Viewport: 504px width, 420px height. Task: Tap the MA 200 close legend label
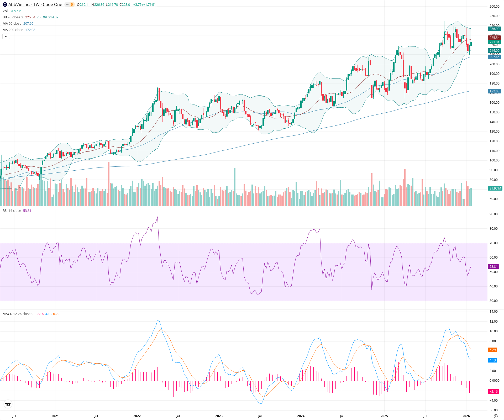point(13,30)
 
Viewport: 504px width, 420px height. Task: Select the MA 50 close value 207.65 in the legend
point(28,23)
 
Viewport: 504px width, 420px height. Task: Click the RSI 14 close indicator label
point(12,211)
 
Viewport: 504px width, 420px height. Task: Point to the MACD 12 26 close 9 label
point(18,314)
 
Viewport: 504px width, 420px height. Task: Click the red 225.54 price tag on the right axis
point(494,38)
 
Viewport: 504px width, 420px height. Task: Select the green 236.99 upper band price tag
point(494,29)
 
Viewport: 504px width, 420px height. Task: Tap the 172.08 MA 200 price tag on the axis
point(494,91)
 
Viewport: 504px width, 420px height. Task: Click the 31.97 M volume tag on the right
point(495,188)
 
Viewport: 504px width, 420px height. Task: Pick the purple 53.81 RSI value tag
point(493,266)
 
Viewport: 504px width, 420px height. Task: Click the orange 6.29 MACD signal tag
point(492,350)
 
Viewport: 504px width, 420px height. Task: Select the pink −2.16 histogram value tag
point(493,391)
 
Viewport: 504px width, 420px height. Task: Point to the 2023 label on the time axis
point(219,416)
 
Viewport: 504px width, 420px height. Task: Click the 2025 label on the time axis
point(384,416)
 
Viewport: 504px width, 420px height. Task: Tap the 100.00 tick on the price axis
point(494,160)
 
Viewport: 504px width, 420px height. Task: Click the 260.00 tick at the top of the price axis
point(494,7)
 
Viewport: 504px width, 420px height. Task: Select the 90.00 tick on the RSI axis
point(493,214)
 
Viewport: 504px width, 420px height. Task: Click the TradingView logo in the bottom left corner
point(8,404)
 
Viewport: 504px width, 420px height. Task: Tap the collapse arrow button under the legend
point(6,36)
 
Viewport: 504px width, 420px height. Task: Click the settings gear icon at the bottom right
point(496,416)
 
